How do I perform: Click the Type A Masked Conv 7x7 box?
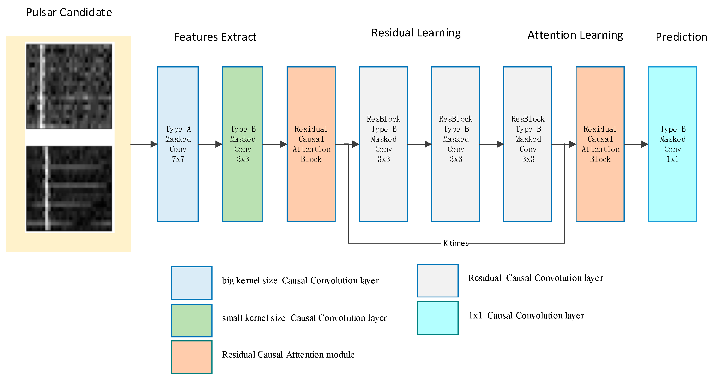tap(178, 144)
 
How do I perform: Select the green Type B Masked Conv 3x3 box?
tap(242, 144)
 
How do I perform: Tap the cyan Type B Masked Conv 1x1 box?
tap(672, 144)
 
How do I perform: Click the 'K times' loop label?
tap(455, 243)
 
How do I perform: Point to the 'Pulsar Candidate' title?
tap(69, 13)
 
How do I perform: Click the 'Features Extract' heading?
tap(215, 37)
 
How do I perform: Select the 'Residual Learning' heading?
tap(416, 33)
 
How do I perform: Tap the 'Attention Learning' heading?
tap(575, 35)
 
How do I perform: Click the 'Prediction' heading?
tap(681, 37)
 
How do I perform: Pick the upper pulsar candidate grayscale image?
tap(69, 86)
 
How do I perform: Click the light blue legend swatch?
tap(192, 283)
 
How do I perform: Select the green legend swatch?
tap(192, 320)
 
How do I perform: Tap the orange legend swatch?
tap(192, 357)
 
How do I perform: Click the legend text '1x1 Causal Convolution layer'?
tap(526, 316)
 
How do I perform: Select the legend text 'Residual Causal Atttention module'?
tap(288, 355)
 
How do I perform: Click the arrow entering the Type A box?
tap(144, 144)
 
